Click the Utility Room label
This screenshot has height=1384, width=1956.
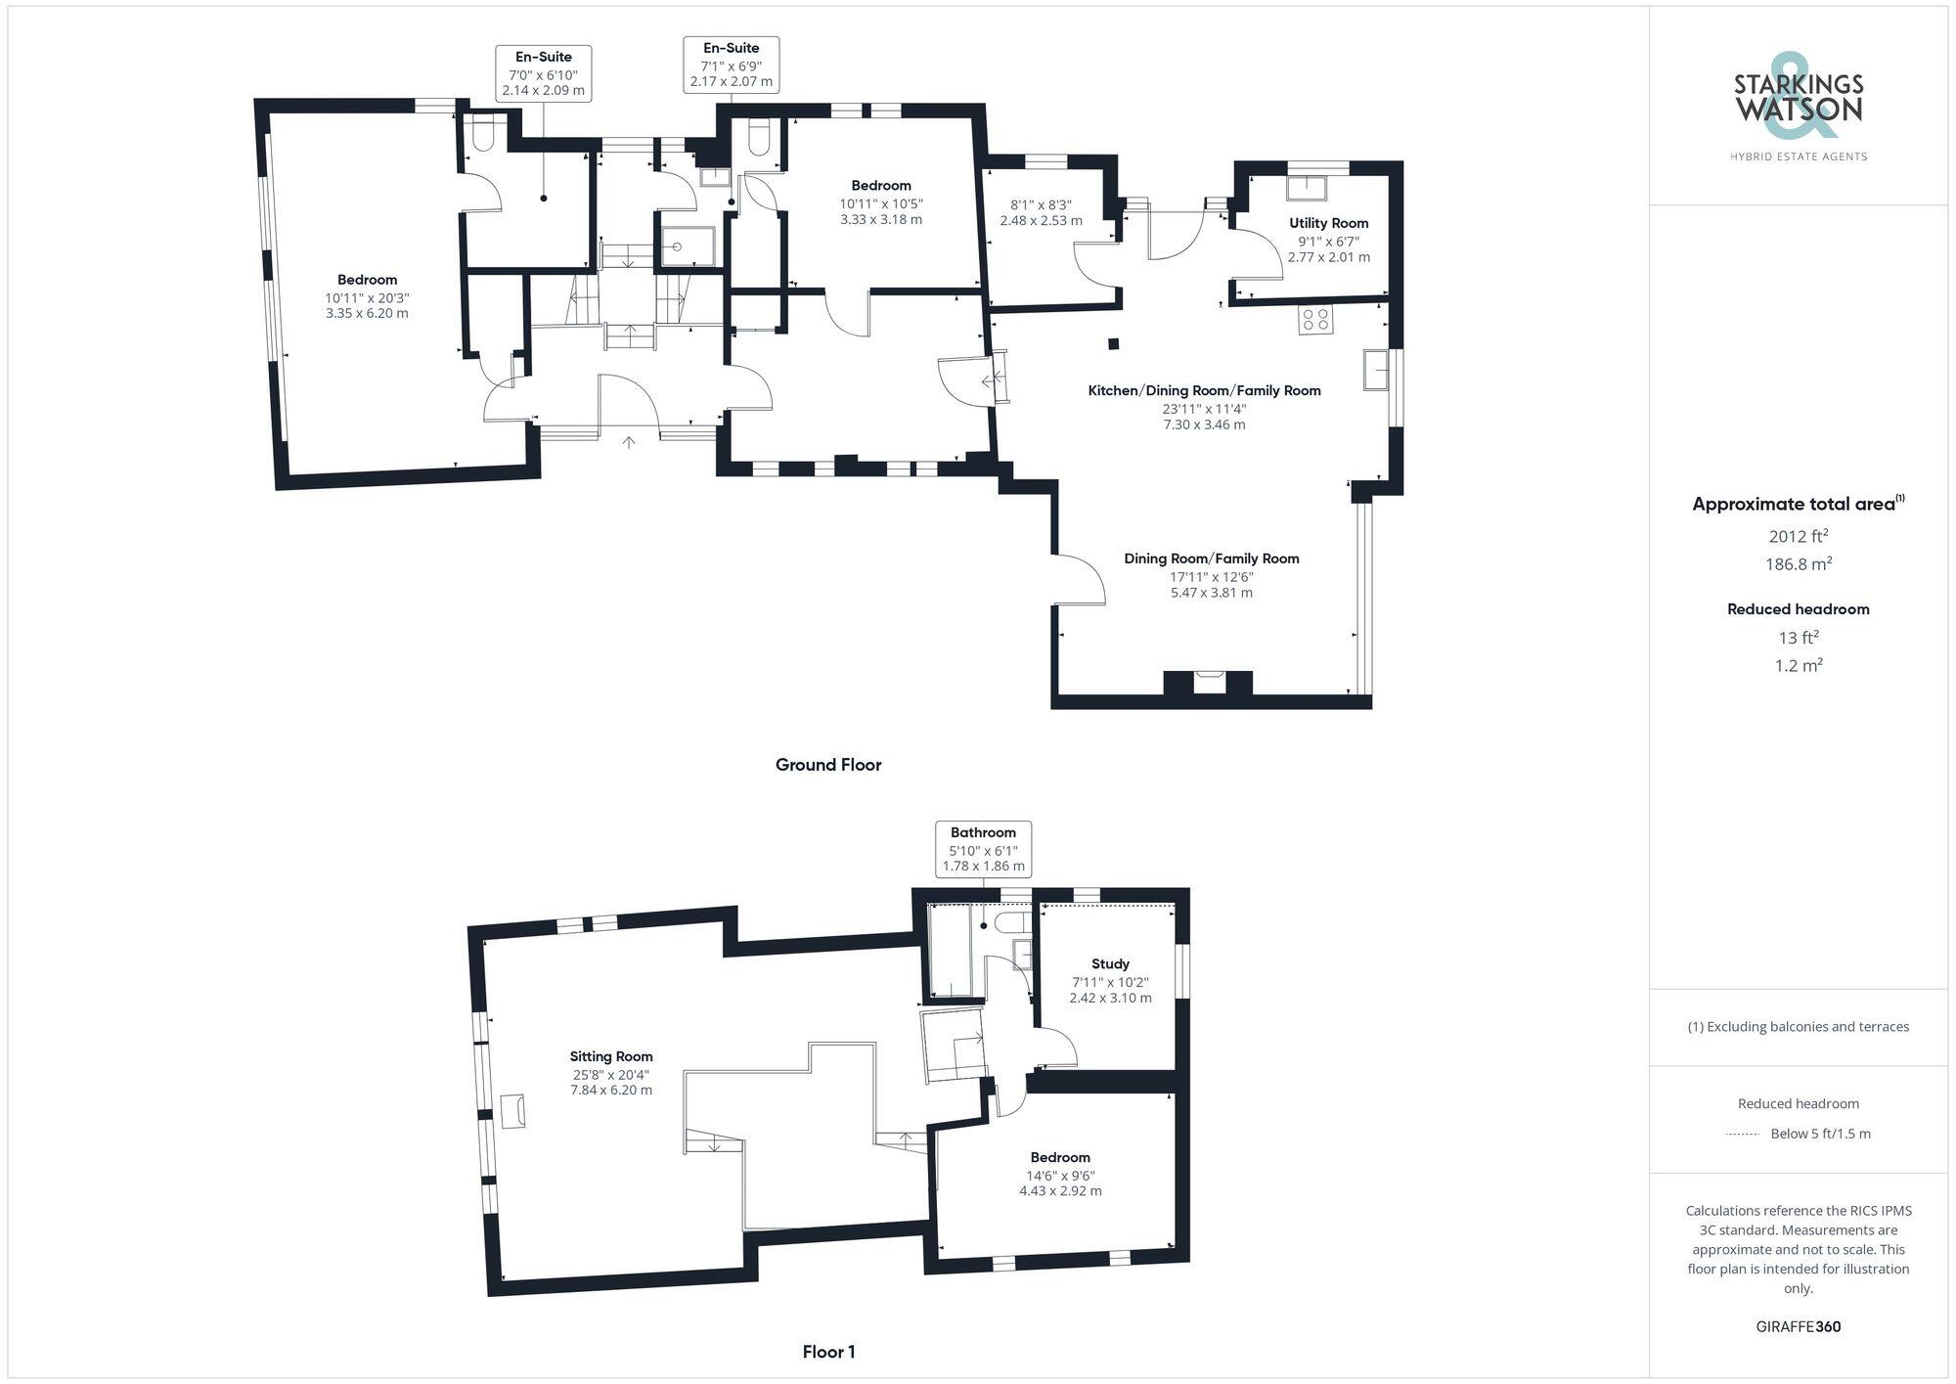point(1328,223)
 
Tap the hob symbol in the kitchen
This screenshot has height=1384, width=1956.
point(1315,320)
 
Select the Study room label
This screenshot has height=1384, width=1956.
point(1110,963)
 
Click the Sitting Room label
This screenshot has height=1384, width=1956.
point(611,1056)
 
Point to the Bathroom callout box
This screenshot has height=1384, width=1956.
point(983,849)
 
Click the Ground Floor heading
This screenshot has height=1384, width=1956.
point(828,765)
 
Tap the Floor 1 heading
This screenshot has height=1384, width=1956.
point(828,1352)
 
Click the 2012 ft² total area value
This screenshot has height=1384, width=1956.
point(1798,536)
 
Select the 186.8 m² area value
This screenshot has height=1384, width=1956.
point(1798,564)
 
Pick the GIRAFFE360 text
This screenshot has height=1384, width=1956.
point(1798,1327)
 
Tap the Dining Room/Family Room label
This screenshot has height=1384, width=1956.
point(1211,558)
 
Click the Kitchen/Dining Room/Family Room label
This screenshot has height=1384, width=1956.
point(1204,390)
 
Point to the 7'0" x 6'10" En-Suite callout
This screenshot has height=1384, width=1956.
point(543,73)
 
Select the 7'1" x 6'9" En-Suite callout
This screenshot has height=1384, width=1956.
point(731,65)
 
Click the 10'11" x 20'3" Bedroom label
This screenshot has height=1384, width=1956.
point(367,280)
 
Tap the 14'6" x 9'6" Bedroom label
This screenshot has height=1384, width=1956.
point(1060,1157)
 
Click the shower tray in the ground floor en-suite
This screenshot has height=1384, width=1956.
point(688,246)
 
